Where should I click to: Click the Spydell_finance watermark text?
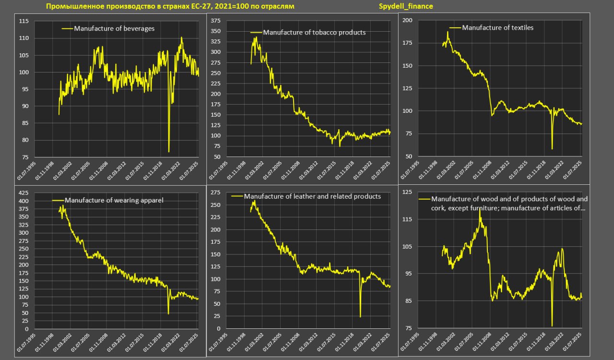tap(406, 6)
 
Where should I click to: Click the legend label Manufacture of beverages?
tap(114, 28)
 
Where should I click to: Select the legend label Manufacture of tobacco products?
tap(314, 33)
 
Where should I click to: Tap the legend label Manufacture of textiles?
tap(497, 27)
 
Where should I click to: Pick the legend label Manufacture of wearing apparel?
tap(114, 200)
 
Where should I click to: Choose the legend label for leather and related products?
tap(312, 196)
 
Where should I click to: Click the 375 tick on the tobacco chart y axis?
tap(215, 21)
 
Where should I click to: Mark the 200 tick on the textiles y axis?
tap(408, 20)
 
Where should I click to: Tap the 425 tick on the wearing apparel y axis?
tap(23, 193)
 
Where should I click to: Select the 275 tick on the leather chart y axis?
tap(215, 192)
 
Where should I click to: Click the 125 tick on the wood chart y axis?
tap(408, 192)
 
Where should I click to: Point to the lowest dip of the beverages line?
tap(169, 152)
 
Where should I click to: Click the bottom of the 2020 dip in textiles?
tap(552, 149)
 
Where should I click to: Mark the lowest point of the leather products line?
tap(360, 316)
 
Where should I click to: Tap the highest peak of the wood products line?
tap(480, 209)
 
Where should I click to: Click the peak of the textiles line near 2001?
tap(448, 32)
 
